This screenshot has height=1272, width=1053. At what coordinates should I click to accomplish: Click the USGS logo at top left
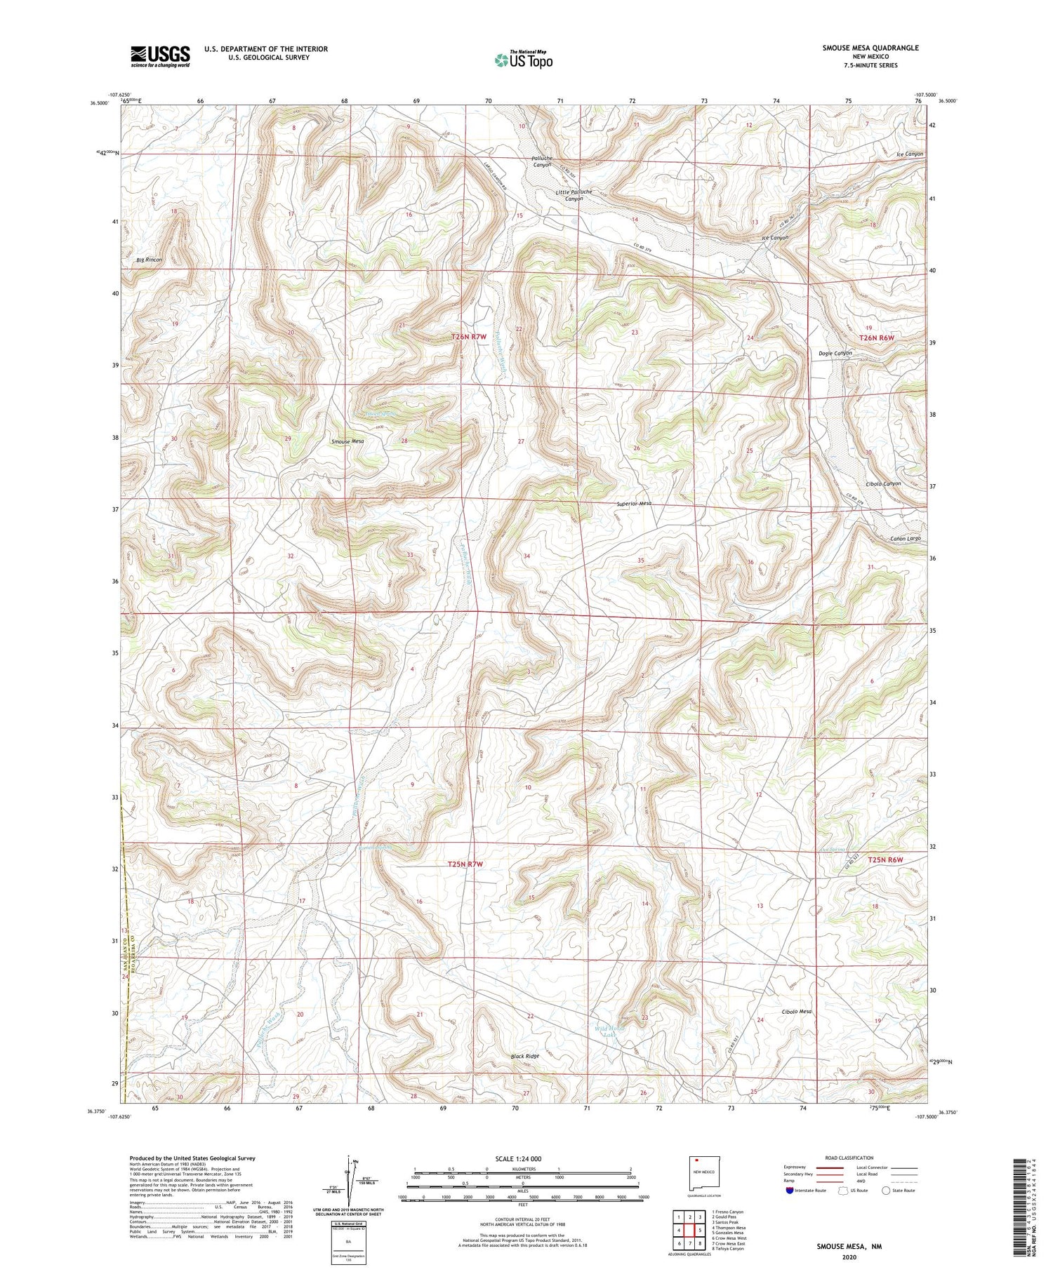tap(160, 56)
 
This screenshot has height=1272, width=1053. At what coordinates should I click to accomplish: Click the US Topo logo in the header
tap(523, 60)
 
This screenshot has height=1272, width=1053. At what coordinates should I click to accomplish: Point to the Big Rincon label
tap(149, 260)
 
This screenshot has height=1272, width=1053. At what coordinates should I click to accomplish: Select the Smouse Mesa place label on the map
tap(347, 442)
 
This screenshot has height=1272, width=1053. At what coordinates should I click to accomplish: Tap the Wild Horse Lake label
tap(609, 1031)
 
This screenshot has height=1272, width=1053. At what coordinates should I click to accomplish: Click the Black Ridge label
tap(525, 1056)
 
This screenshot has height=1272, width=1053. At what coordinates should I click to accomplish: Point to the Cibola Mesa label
tap(796, 1011)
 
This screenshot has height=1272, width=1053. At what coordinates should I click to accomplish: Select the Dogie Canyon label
tap(835, 353)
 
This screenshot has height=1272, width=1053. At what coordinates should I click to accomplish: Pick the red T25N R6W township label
tap(885, 859)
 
